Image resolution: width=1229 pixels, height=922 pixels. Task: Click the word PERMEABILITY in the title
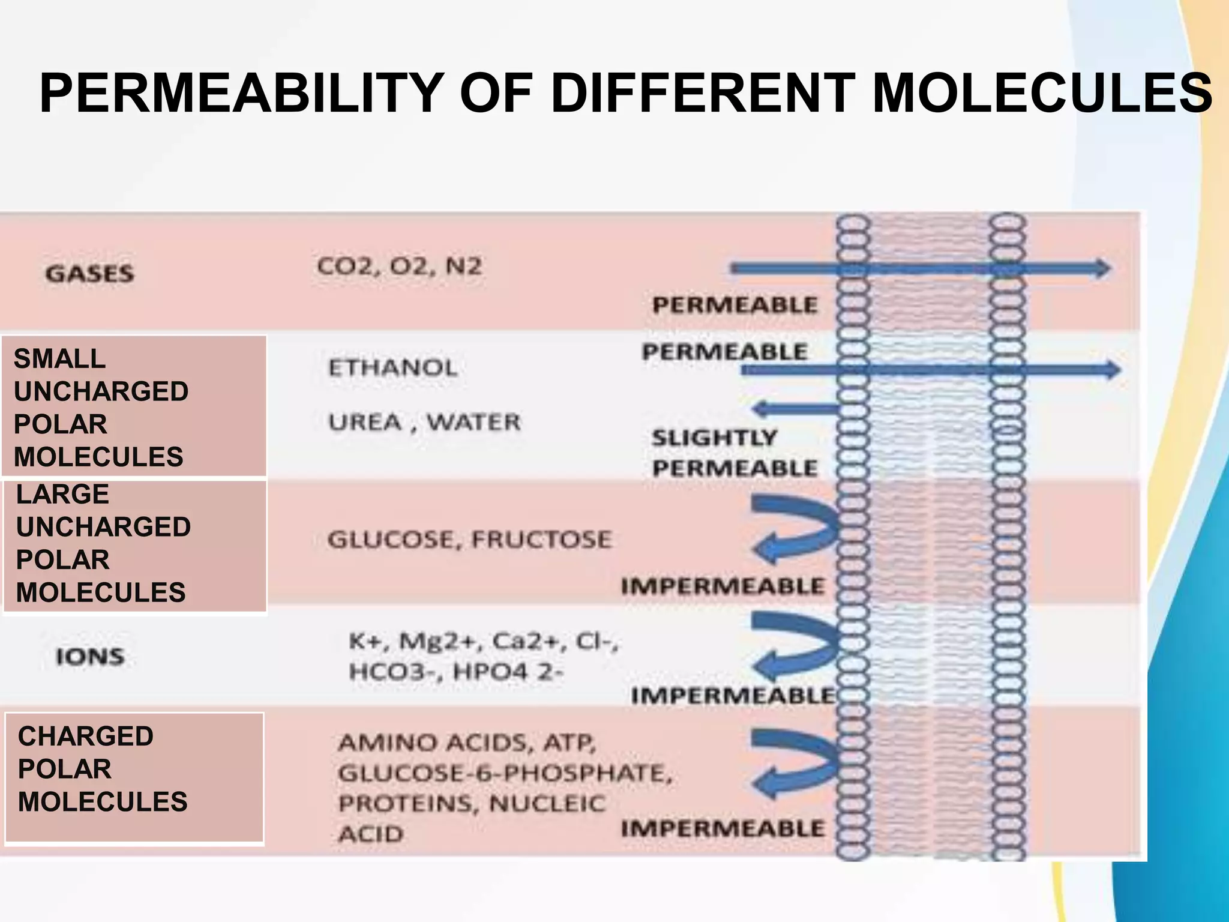[x=241, y=93]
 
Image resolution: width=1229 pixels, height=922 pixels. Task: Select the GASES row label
[x=90, y=274]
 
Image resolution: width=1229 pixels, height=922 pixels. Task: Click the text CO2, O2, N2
[x=399, y=266]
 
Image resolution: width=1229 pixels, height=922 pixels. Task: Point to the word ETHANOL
[x=393, y=367]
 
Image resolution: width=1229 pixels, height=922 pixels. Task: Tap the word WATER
[x=474, y=422]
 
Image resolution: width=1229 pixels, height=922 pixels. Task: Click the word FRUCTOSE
[x=541, y=539]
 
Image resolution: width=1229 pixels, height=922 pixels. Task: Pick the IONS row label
[x=90, y=656]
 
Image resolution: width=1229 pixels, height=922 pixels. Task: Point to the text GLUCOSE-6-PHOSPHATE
[x=504, y=773]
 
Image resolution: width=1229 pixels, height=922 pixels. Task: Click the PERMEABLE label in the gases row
[x=735, y=305]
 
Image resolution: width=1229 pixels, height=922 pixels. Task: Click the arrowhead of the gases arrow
[x=1101, y=268]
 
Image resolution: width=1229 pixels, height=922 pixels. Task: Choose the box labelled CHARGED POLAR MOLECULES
[x=134, y=778]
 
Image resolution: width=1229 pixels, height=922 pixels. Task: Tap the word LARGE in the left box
[x=62, y=495]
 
